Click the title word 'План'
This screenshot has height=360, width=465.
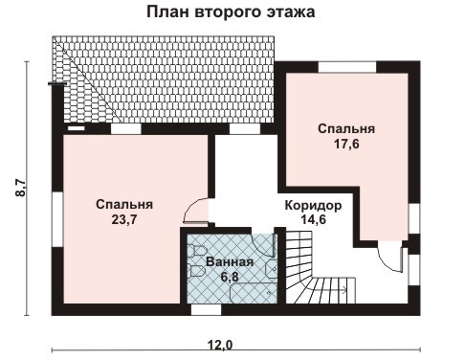[x=167, y=13]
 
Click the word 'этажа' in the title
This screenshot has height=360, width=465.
[x=289, y=13]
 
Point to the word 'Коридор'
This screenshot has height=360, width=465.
[x=307, y=205]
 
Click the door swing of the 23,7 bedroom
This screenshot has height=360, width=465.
[x=196, y=207]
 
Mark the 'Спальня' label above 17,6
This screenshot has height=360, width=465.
[x=346, y=128]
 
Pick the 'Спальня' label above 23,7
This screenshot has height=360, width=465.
[x=124, y=203]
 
